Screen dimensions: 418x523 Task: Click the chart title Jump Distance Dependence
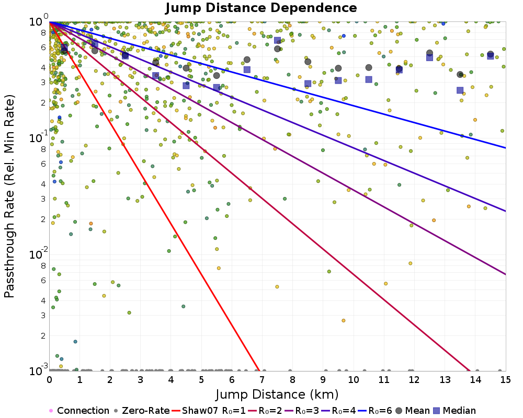tap(261, 8)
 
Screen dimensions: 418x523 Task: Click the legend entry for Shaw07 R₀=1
tap(209, 411)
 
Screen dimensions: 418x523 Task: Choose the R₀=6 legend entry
tap(373, 411)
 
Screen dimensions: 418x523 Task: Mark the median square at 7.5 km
tap(277, 40)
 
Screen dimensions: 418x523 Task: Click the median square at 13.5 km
tap(460, 90)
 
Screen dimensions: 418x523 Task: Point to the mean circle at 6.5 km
tap(247, 60)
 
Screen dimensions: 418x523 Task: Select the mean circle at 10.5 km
tap(369, 67)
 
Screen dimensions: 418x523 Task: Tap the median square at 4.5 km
tap(186, 85)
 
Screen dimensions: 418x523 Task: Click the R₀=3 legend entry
tap(290, 411)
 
